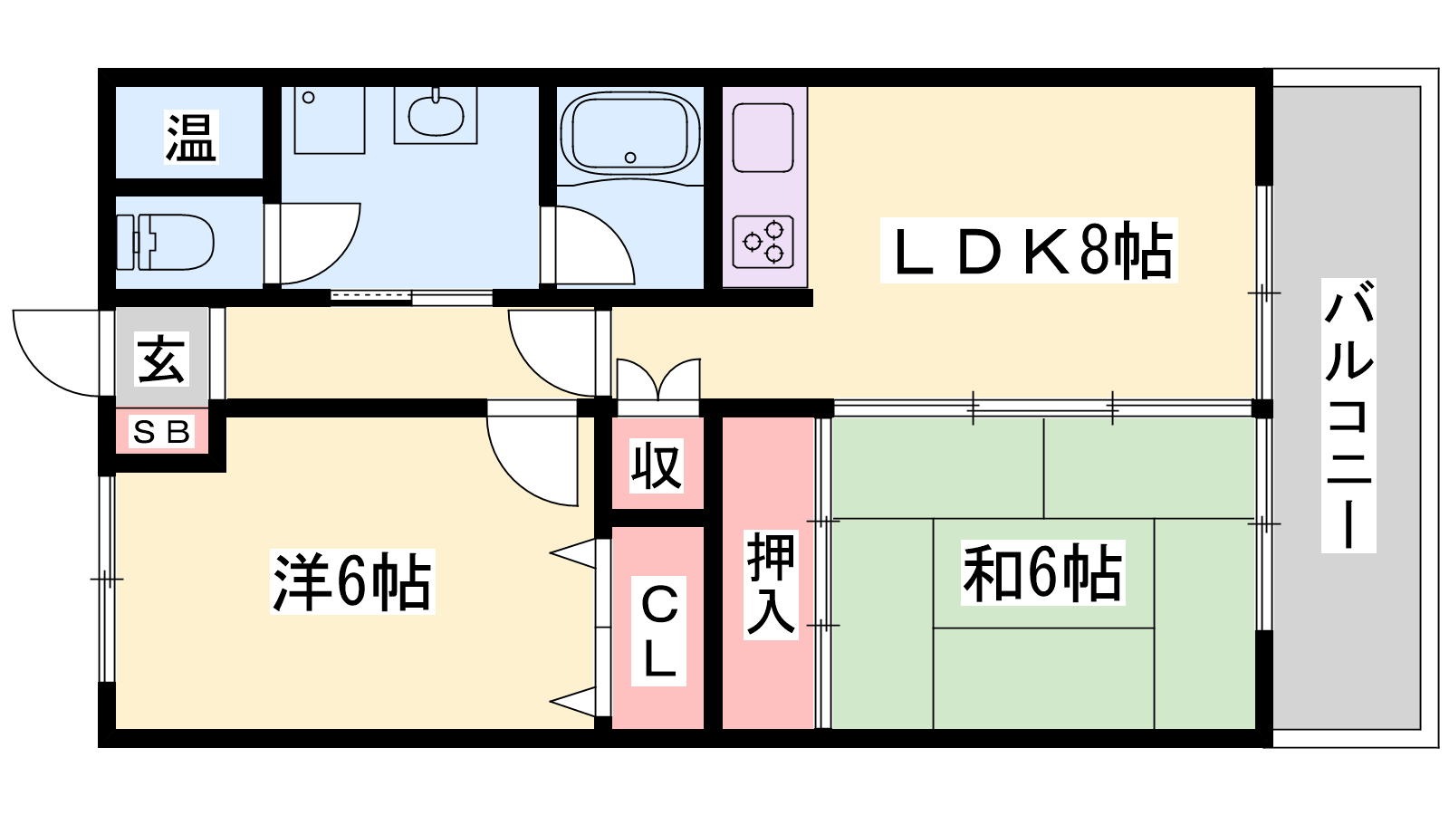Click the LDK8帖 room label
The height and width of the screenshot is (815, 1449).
[1030, 251]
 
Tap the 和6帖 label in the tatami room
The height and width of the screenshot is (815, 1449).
[1042, 573]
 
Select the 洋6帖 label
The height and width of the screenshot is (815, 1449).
[352, 581]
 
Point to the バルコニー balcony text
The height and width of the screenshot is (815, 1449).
[1348, 416]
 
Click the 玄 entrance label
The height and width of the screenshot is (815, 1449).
[162, 359]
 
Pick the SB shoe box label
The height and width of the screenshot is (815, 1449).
[162, 431]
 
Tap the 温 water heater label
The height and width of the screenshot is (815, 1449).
[191, 137]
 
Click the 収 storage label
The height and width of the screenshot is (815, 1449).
[657, 465]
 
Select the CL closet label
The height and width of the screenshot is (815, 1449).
[658, 630]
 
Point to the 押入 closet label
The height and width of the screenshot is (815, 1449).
[771, 585]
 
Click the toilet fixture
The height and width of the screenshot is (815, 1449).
[166, 243]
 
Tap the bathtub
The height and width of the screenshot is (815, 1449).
[630, 133]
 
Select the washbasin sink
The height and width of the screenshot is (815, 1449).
[436, 115]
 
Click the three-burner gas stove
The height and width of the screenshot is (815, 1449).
[763, 242]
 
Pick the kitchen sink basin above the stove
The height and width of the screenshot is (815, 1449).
[763, 138]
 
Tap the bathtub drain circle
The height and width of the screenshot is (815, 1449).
[630, 158]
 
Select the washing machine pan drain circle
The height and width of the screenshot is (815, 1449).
[309, 98]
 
